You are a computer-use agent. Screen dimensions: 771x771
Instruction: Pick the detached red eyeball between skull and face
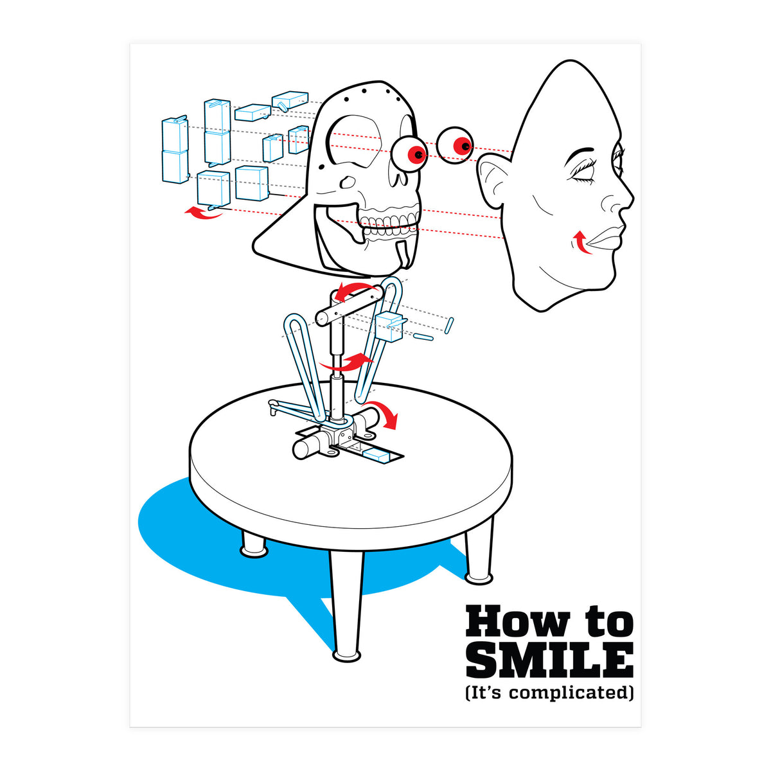pos(456,145)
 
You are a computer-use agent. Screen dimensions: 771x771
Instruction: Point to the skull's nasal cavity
pos(348,181)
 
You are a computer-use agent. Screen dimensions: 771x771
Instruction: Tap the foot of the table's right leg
pos(479,577)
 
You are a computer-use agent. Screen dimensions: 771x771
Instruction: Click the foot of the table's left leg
pos(253,551)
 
